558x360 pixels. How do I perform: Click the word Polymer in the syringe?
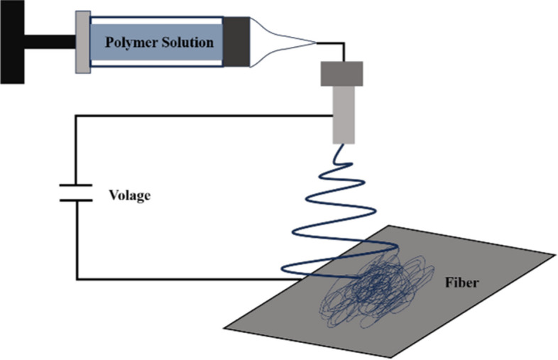131,43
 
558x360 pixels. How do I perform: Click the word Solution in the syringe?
187,42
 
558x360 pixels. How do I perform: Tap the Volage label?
129,195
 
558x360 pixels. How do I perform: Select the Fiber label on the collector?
462,283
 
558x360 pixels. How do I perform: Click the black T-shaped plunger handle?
12,42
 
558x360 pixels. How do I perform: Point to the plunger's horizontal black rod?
50,42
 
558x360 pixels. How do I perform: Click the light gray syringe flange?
83,42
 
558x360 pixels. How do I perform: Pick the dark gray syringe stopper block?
236,42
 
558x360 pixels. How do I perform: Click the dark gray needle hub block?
341,74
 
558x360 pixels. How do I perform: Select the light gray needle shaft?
344,114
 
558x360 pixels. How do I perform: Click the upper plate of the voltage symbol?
76,185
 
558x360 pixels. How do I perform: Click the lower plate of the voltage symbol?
76,200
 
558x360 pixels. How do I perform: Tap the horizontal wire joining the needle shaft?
204,116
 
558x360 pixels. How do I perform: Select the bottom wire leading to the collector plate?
189,279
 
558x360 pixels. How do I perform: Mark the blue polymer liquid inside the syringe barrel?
157,42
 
